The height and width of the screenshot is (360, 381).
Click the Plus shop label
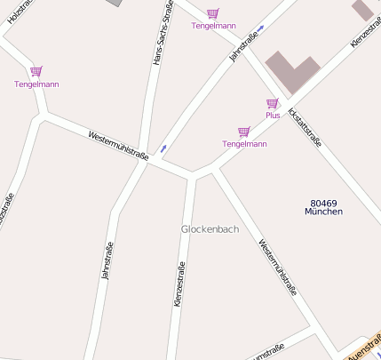tap(273, 116)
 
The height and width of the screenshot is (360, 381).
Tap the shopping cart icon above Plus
tap(272, 104)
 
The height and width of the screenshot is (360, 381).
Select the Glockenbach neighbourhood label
tap(210, 228)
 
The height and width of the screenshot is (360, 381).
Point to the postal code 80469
tap(323, 203)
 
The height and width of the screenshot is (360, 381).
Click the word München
tap(323, 212)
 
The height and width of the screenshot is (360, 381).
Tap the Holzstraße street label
tap(17, 13)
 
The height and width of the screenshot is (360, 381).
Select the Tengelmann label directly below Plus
tap(244, 143)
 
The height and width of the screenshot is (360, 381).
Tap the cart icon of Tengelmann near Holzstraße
tap(36, 71)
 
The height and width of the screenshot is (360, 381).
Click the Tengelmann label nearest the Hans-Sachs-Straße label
tap(214, 26)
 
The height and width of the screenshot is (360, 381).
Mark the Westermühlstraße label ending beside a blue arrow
tap(118, 145)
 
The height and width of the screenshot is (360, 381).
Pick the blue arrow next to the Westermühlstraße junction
tap(163, 147)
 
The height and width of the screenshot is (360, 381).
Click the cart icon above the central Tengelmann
tap(243, 132)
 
